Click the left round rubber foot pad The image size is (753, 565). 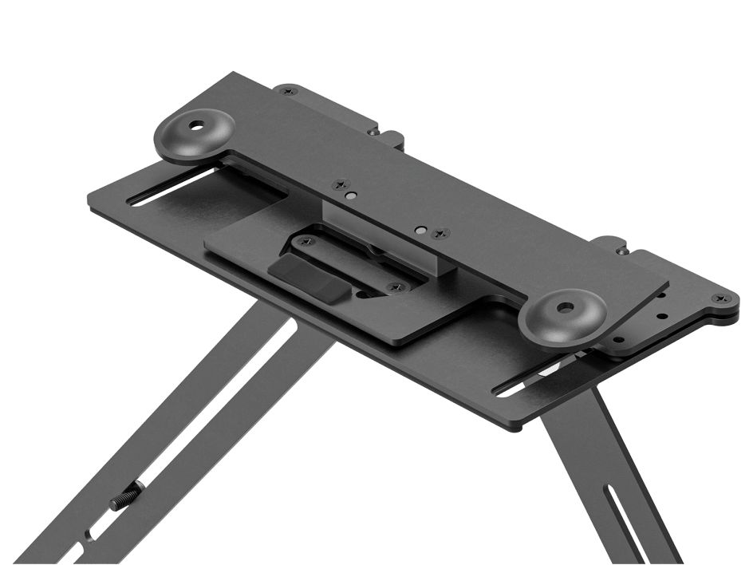(194, 133)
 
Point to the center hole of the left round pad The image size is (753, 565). (195, 128)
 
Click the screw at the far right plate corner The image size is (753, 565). (723, 299)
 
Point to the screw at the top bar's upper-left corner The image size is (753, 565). (289, 91)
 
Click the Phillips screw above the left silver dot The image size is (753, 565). (341, 184)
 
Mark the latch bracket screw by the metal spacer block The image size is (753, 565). (392, 286)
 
